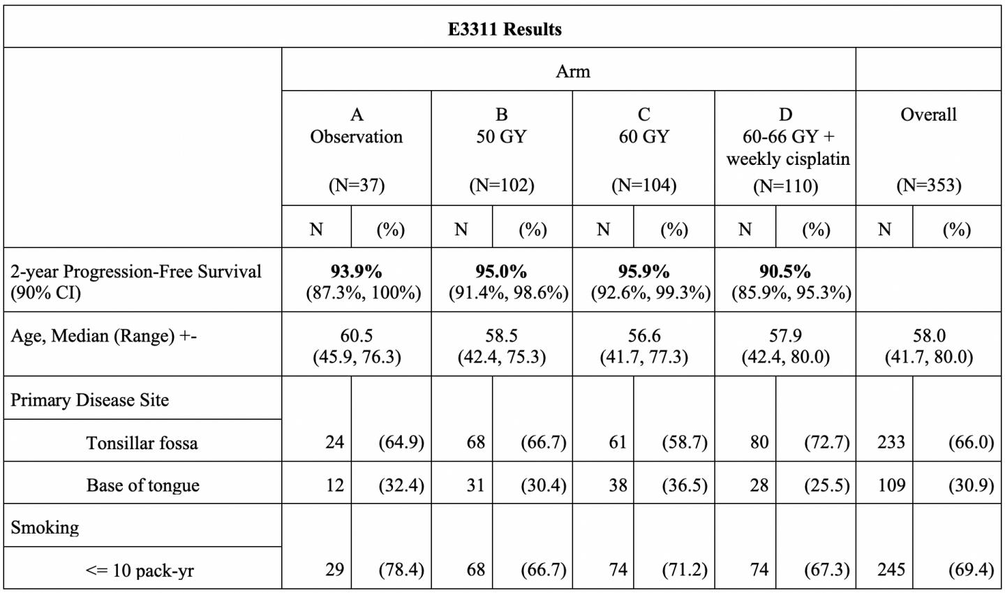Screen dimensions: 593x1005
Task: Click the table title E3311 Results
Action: [504, 29]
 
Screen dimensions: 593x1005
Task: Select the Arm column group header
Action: [572, 71]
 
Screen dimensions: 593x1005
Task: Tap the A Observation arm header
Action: [357, 126]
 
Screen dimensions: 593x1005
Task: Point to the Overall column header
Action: [928, 115]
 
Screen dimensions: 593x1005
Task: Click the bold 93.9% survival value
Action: [357, 271]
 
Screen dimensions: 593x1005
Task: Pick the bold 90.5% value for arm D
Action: [785, 271]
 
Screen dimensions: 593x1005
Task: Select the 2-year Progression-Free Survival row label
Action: [136, 281]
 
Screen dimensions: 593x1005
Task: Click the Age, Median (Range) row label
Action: [103, 336]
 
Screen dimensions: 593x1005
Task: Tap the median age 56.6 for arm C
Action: [643, 336]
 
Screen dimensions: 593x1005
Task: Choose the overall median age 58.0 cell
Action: [928, 336]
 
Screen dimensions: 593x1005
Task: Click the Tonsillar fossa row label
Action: [142, 443]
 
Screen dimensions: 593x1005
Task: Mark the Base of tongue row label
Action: [142, 485]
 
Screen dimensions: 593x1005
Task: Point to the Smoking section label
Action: [45, 527]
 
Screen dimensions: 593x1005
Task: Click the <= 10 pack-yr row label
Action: [140, 571]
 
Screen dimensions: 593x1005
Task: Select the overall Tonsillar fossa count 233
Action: [891, 442]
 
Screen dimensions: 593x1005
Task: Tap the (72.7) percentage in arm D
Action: [826, 442]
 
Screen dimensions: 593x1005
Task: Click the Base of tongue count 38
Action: [618, 485]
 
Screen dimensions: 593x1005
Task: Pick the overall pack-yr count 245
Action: [891, 570]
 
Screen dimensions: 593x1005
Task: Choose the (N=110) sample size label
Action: [785, 186]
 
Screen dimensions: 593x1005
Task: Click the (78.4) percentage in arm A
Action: [401, 570]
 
